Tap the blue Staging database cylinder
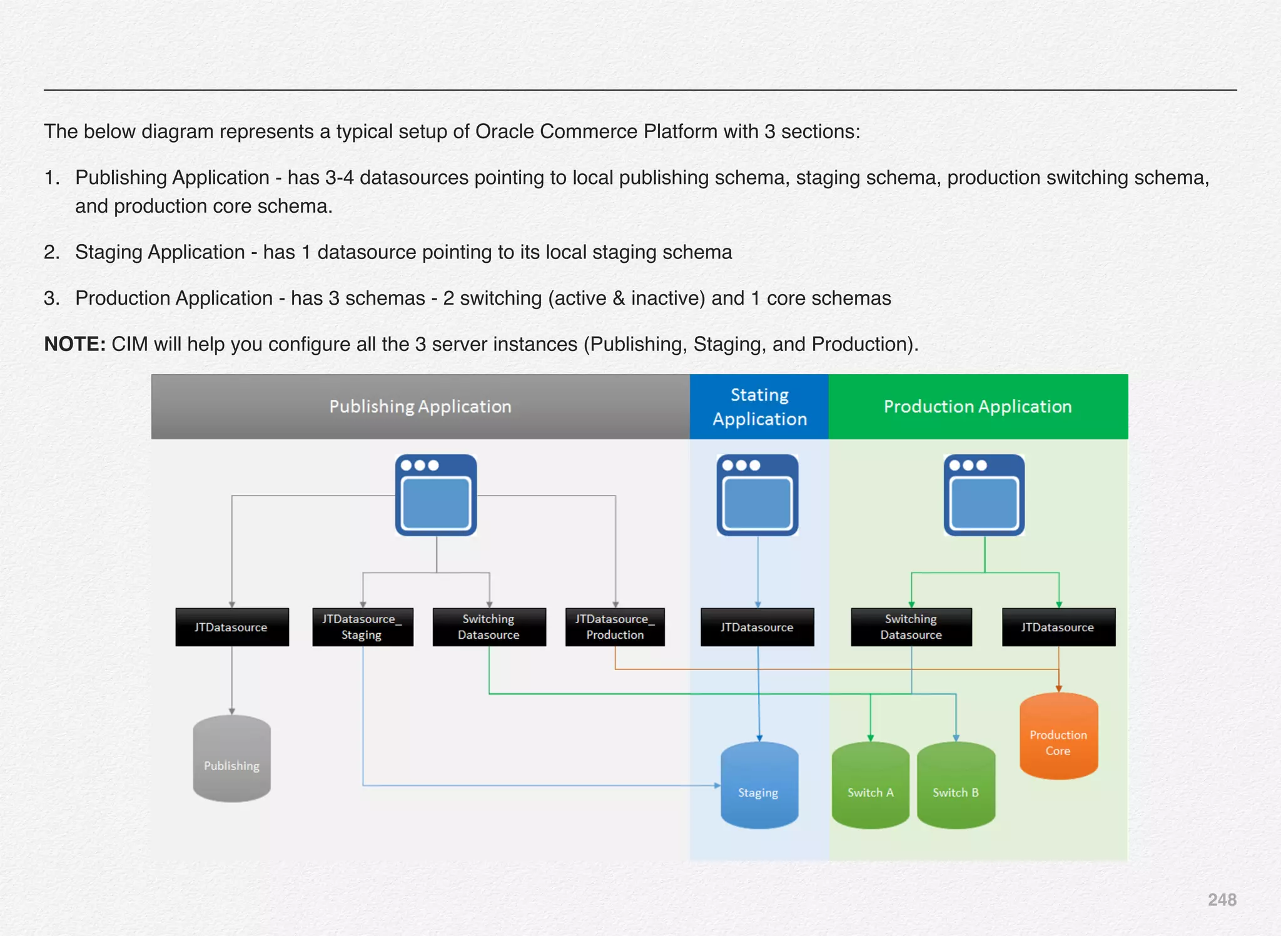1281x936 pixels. pos(759,786)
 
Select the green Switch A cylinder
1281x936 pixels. pos(870,786)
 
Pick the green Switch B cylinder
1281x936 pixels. pos(955,786)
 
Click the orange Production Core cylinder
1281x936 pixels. pos(1058,736)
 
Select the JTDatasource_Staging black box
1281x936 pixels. pos(362,627)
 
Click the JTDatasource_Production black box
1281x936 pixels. pos(615,627)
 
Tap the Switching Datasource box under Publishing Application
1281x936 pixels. pos(489,627)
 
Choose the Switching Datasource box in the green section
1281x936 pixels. pos(911,627)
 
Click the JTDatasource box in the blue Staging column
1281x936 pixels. pos(757,627)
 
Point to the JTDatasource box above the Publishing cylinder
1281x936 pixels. pos(231,627)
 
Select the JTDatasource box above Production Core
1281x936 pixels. pos(1058,627)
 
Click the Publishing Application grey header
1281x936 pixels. pos(420,407)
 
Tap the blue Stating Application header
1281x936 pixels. pos(759,407)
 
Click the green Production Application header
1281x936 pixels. pos(978,407)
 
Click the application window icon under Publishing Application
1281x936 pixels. pos(436,495)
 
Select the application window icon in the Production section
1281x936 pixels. pos(984,495)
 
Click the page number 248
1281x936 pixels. pos(1222,900)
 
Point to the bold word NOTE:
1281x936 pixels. pos(74,344)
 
